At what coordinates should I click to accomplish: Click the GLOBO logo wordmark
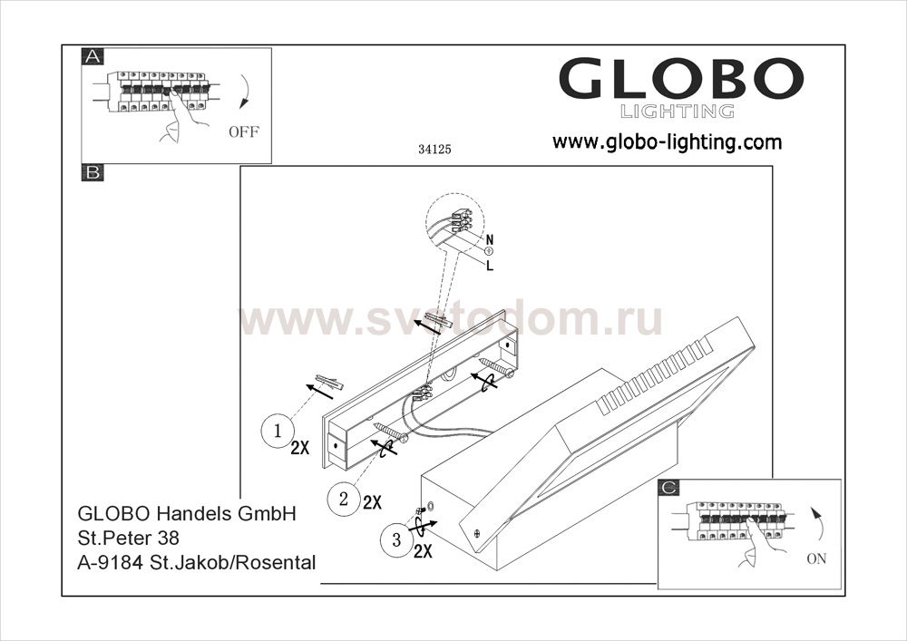[681, 78]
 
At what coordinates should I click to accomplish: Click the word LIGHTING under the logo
[678, 111]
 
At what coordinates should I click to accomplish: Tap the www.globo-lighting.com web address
[667, 141]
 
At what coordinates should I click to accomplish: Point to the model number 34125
[434, 149]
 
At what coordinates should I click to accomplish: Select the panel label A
[93, 56]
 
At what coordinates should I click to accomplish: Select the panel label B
[93, 172]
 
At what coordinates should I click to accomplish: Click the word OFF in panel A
[244, 131]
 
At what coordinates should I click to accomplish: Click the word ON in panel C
[816, 558]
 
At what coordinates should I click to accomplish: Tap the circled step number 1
[278, 432]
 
